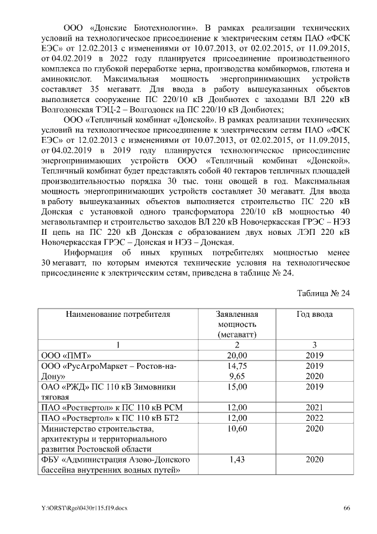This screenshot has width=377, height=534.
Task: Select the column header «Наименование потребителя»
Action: (118, 314)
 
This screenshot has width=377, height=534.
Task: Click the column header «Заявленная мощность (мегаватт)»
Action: (237, 324)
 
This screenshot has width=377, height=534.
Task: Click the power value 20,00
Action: (237, 356)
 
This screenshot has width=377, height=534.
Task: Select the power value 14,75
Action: (237, 366)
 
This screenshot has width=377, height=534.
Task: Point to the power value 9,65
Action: (237, 376)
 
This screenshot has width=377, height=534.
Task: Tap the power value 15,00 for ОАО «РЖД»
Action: (237, 387)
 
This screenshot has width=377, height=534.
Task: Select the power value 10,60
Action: (237, 428)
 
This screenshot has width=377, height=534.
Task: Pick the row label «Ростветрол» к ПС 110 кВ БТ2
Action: (110, 418)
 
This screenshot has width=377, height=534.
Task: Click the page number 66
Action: (347, 508)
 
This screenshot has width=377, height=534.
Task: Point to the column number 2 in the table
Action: (237, 345)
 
